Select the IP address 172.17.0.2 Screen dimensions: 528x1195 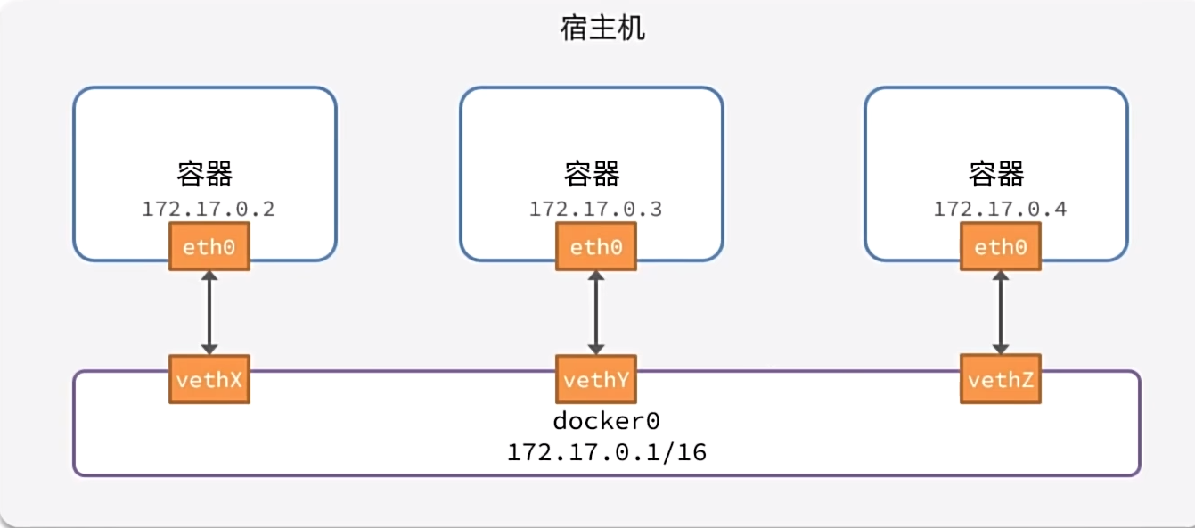pos(208,210)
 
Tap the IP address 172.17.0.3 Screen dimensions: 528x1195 pos(595,210)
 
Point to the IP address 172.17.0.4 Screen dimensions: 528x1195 pos(1000,210)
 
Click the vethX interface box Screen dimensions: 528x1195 pos(209,379)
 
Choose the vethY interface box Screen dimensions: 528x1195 pos(596,379)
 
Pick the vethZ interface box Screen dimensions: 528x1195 pos(1001,379)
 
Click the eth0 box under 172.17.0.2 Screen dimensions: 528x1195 pos(209,247)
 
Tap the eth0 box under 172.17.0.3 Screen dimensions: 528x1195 pos(596,247)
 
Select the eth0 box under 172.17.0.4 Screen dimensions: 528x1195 pos(1001,247)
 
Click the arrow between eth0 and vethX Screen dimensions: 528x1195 pos(209,312)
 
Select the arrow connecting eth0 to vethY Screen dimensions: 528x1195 pos(596,312)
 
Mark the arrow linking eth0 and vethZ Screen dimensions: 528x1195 pos(1001,312)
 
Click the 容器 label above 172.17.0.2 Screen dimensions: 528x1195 pos(205,175)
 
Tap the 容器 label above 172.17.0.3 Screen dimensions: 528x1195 pos(593,175)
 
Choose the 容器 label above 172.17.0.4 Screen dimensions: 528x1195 pos(997,175)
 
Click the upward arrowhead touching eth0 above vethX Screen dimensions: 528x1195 pos(209,278)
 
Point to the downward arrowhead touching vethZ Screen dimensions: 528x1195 pos(1001,347)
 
